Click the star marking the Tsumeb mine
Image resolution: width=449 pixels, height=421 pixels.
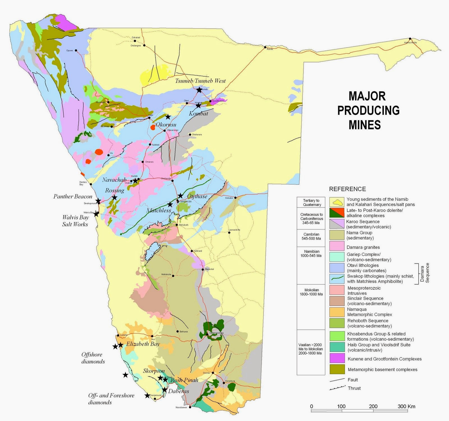(199, 90)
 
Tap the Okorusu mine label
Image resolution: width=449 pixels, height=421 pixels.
(166, 125)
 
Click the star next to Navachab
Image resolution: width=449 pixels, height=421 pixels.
(135, 181)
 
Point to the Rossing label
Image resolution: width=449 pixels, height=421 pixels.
(114, 191)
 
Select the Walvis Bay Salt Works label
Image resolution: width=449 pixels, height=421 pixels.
(75, 221)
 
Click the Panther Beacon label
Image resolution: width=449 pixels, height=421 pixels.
(73, 196)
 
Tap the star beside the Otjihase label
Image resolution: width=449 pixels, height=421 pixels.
(180, 196)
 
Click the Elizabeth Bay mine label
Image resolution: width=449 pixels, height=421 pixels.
(143, 344)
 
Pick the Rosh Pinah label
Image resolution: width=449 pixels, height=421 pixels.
(184, 380)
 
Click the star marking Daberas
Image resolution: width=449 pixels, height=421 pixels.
(164, 390)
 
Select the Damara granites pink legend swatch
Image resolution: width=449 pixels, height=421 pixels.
(337, 246)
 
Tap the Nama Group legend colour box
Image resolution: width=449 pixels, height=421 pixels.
(337, 235)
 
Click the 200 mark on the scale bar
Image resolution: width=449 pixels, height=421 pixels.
(373, 406)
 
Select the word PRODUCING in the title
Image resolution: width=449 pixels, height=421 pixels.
(368, 111)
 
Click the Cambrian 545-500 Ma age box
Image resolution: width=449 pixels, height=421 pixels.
(311, 236)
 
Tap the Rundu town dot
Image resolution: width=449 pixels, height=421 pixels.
(265, 47)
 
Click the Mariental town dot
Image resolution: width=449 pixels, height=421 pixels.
(203, 269)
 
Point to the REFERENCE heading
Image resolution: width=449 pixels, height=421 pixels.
(347, 189)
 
